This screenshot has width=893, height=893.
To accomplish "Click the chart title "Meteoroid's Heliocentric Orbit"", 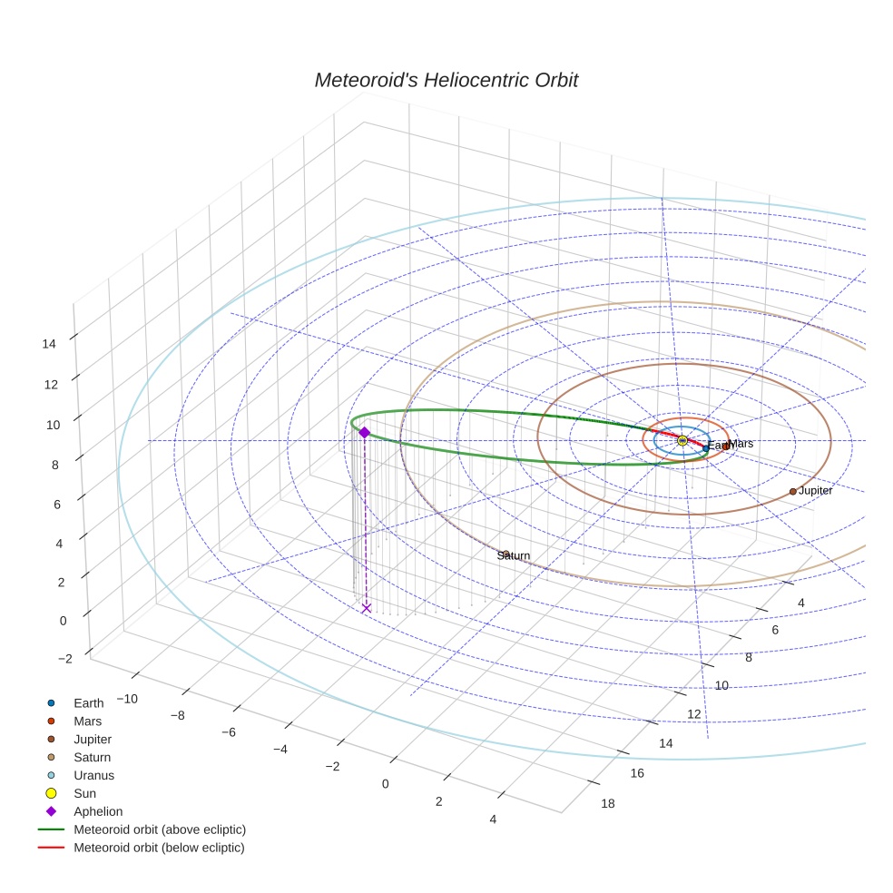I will (x=446, y=81).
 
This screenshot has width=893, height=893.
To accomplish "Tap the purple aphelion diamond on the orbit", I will (x=364, y=433).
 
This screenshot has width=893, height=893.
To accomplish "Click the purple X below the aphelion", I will (x=366, y=608).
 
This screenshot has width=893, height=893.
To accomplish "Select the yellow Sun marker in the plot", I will (x=682, y=440).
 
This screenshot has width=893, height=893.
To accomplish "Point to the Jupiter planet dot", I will (x=792, y=491).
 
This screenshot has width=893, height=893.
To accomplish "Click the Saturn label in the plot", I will (x=514, y=555).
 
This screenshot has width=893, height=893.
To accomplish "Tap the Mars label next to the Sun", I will (x=741, y=444).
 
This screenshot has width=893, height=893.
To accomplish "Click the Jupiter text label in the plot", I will (x=816, y=491).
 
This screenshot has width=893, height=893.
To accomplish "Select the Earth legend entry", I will (x=88, y=703).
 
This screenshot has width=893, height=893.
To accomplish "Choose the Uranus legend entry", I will (x=93, y=776).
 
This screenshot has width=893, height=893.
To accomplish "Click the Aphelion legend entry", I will (x=97, y=812).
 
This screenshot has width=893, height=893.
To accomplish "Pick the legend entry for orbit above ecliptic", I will (x=159, y=829).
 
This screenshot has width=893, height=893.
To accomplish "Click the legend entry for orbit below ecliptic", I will (x=159, y=848).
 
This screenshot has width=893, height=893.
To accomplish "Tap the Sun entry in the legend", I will (x=84, y=794).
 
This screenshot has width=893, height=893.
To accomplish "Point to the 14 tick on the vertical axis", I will (x=49, y=344).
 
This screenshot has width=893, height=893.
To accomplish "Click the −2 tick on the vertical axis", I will (x=65, y=659).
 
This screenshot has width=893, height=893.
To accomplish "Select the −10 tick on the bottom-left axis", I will (x=125, y=698).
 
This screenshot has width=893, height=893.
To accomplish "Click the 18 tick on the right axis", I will (x=608, y=803).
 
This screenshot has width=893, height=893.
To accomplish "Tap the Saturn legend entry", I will (x=92, y=758).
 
